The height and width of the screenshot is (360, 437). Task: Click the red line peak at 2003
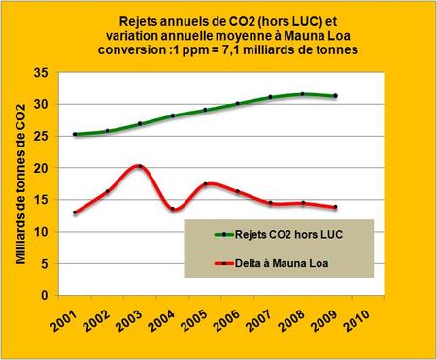coord(141,167)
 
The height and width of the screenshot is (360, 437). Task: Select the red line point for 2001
coord(75,213)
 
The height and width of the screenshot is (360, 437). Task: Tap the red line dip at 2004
coord(173,209)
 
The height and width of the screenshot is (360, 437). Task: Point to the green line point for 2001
coord(75,134)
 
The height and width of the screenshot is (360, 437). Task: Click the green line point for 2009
coord(336,95)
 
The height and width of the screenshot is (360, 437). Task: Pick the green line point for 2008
coord(303,94)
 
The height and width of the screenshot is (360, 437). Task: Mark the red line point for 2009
coord(336,207)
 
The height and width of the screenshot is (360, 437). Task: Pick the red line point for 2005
coord(206,184)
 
